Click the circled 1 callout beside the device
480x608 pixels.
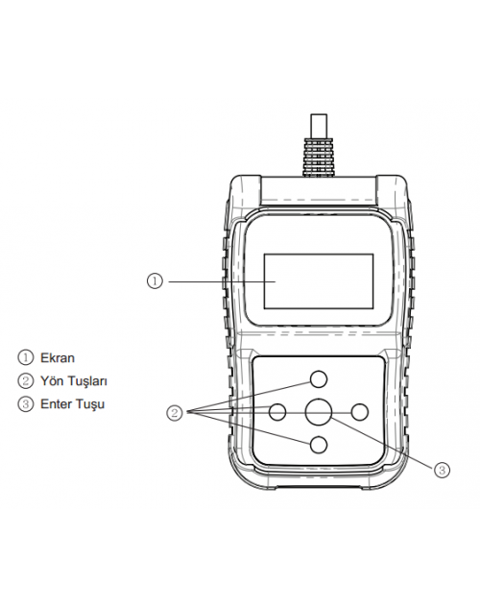tap(155, 280)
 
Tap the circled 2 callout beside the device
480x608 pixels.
tap(175, 413)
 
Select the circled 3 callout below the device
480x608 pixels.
tap(442, 470)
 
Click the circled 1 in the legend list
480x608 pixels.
tap(26, 357)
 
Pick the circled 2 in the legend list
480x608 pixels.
tap(26, 380)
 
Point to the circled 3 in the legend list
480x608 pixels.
tap(26, 404)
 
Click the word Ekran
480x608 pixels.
tap(58, 357)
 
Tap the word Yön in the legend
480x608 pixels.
tap(52, 380)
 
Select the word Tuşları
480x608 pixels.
tap(87, 381)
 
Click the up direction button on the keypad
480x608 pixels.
tap(319, 378)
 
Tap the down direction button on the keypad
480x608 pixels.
tap(319, 445)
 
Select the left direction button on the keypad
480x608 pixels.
tap(277, 412)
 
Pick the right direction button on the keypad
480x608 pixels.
tap(359, 412)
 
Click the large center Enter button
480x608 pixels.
tap(319, 412)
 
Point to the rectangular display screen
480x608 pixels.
tap(319, 281)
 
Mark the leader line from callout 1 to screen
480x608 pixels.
tap(222, 281)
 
